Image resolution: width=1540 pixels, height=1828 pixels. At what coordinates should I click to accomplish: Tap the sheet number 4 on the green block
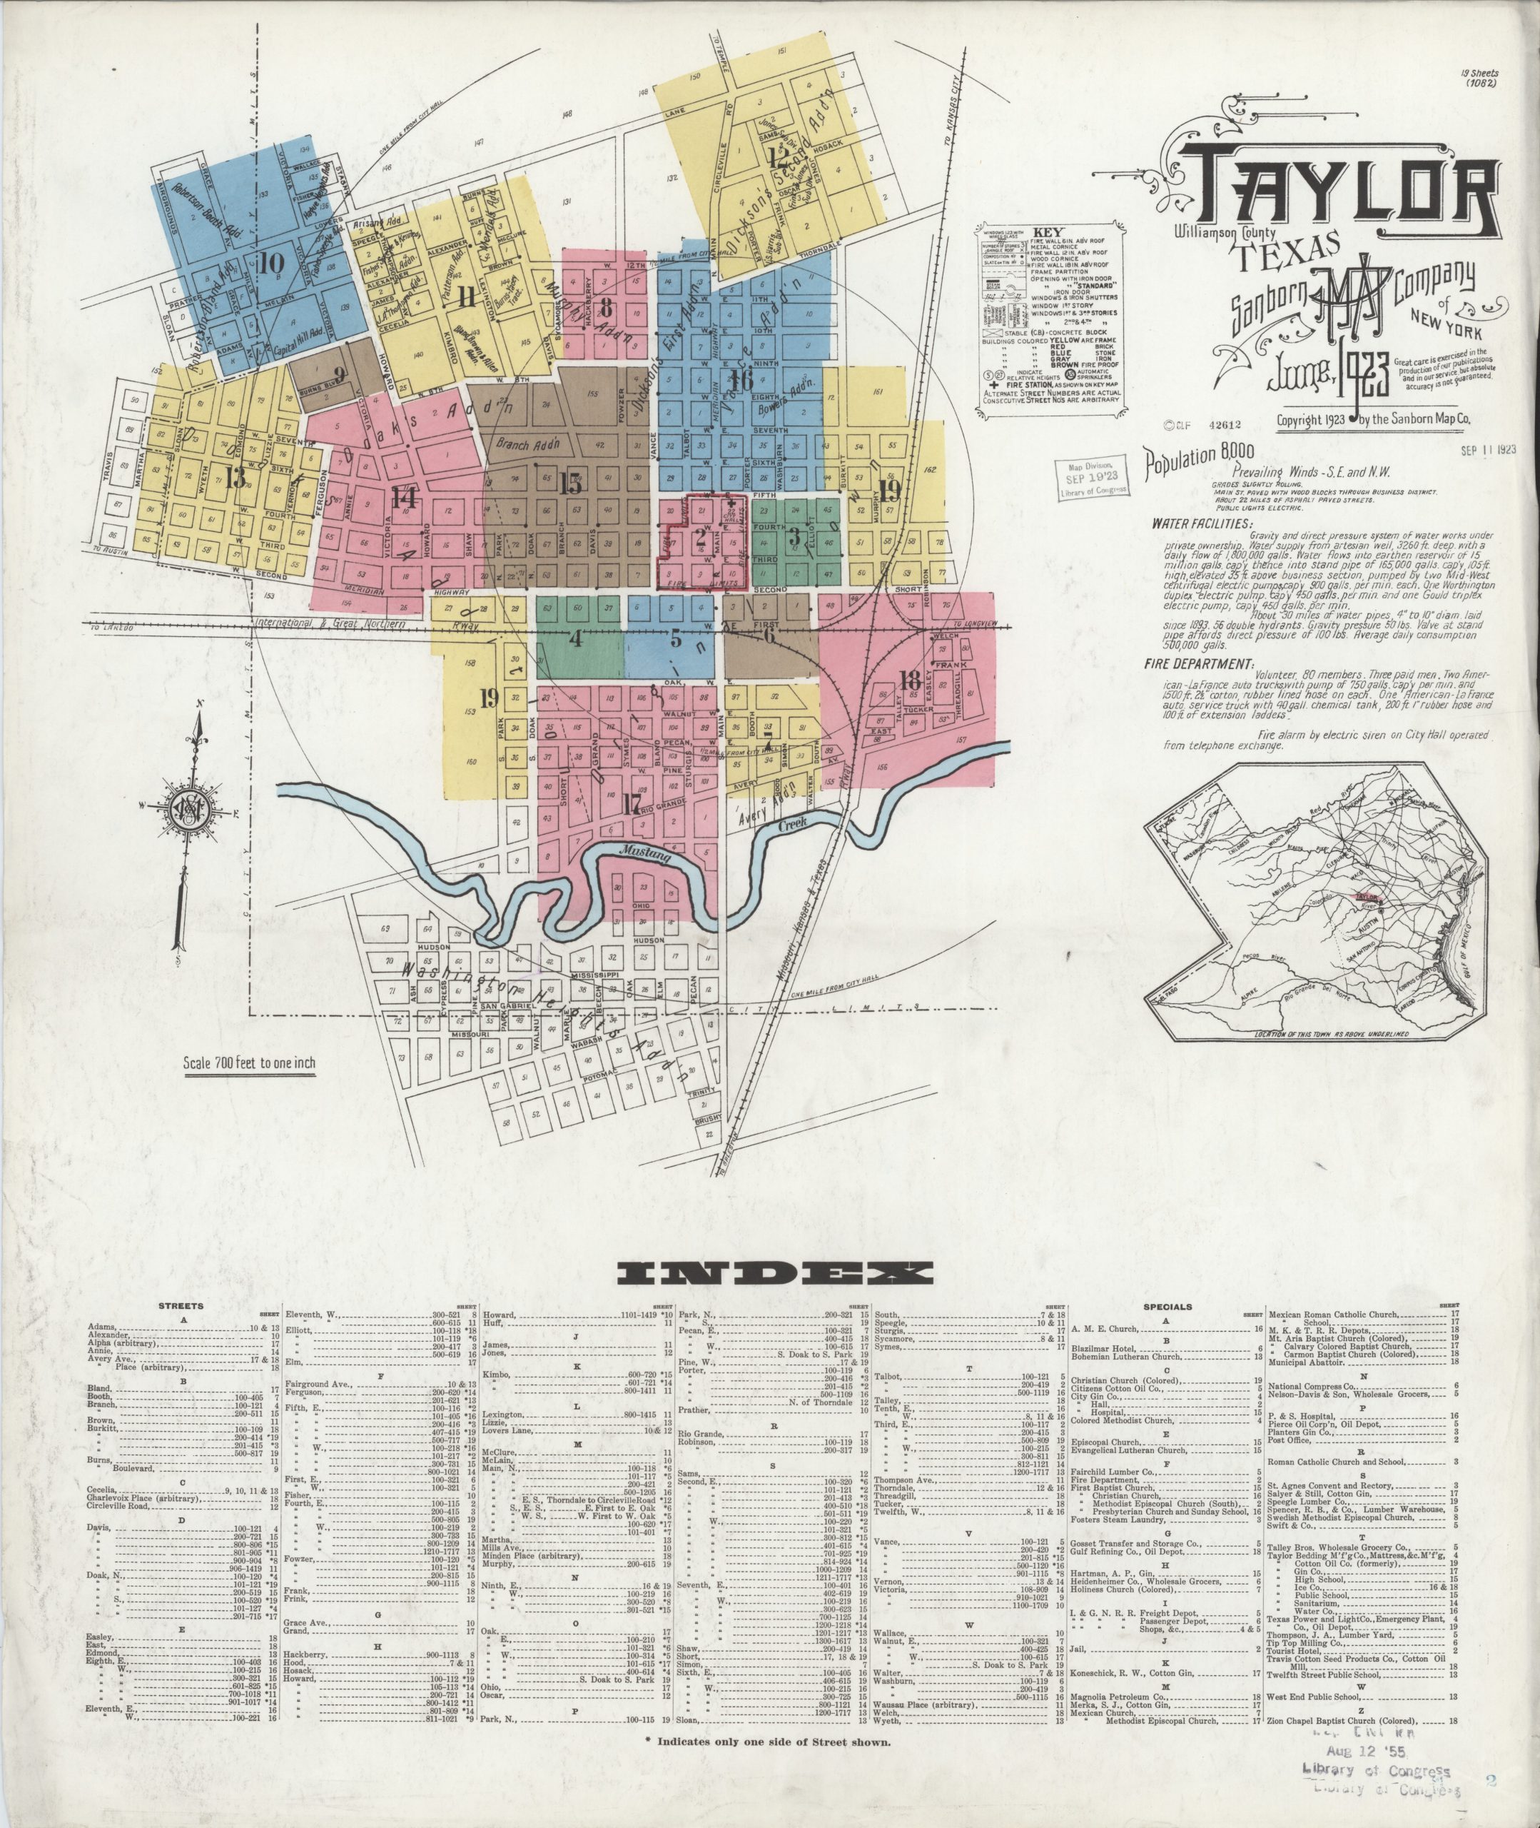(574, 638)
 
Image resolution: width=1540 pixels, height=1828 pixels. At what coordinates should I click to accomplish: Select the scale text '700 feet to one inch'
(249, 1063)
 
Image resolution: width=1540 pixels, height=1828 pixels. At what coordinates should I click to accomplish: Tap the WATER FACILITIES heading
(1200, 524)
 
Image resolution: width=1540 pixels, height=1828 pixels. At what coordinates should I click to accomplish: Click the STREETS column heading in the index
(181, 1307)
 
